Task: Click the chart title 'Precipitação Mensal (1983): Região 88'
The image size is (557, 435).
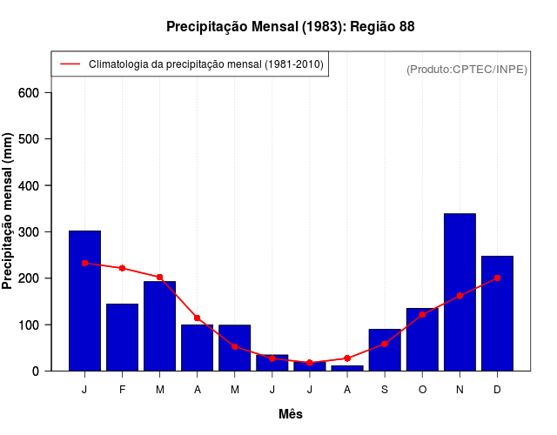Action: click(291, 27)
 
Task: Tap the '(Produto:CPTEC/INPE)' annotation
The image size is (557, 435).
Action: click(466, 69)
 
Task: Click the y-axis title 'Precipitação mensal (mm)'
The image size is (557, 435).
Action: click(8, 211)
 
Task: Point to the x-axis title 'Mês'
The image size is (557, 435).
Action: click(291, 414)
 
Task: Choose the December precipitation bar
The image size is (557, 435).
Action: click(497, 313)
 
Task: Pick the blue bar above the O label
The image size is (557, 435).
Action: click(422, 339)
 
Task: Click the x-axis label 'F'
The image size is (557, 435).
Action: click(122, 390)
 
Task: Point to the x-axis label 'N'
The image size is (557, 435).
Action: click(460, 390)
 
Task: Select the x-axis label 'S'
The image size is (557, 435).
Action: click(385, 390)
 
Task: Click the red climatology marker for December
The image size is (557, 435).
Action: click(497, 278)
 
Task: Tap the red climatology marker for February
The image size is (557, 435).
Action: click(122, 268)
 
